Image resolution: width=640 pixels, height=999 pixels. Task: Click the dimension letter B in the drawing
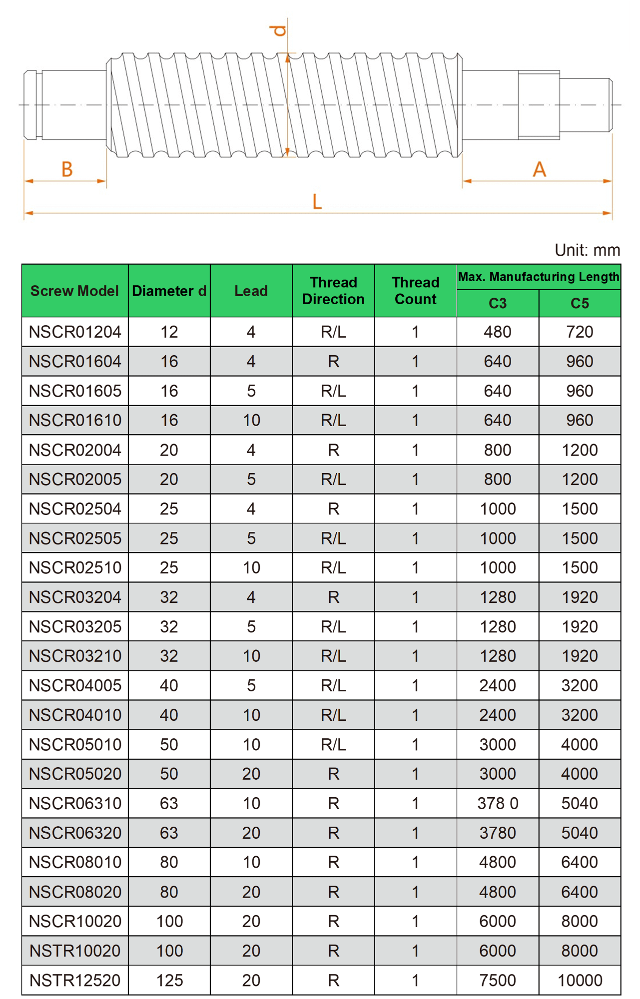[67, 170]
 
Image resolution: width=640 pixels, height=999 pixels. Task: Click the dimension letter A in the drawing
[539, 170]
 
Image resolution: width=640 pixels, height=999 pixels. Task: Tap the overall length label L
[317, 202]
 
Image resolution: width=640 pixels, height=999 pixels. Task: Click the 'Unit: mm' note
[587, 250]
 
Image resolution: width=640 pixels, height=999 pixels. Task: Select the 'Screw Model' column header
[74, 291]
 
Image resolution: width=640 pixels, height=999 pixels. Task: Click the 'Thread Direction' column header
[333, 291]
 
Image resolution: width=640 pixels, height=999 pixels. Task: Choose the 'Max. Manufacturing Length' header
[539, 277]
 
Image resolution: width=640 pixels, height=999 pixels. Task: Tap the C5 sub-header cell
[580, 303]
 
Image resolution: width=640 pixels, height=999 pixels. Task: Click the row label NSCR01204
[75, 332]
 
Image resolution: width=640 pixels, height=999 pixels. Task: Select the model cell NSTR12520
[75, 981]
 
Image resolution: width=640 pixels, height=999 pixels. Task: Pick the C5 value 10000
[580, 981]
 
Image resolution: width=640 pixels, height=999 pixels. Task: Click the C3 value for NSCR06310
[498, 803]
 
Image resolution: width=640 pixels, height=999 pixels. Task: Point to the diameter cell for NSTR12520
[169, 981]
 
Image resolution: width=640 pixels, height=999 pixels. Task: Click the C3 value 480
[498, 332]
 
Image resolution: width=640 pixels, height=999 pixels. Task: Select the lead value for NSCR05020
[251, 774]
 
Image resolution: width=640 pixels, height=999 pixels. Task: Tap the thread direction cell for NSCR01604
[333, 361]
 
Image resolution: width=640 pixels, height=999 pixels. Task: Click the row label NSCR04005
[75, 685]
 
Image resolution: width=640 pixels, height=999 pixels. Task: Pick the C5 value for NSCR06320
[580, 833]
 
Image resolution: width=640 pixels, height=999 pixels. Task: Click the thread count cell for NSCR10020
[415, 921]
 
